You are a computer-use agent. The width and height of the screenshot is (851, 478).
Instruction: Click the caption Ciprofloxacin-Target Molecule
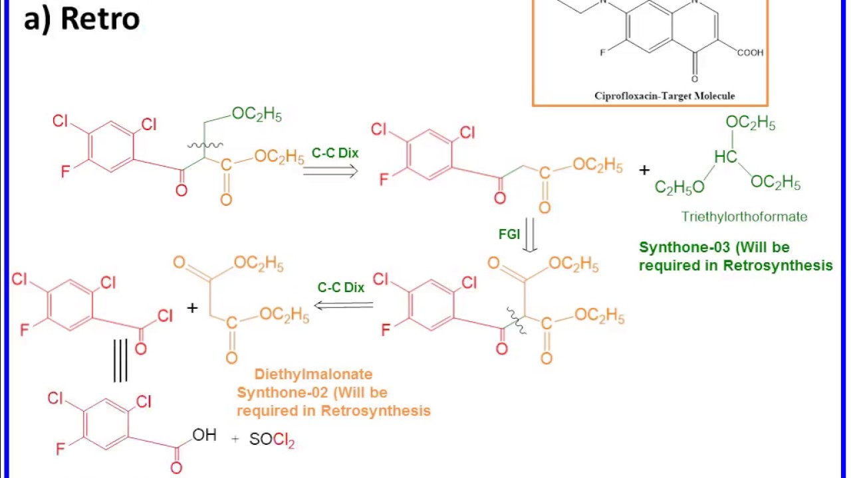point(664,96)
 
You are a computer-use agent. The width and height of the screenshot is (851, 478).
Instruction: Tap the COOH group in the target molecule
point(750,52)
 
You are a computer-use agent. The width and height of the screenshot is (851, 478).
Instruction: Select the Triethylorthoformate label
point(744,216)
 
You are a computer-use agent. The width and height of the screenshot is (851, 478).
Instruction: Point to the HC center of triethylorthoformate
point(725,157)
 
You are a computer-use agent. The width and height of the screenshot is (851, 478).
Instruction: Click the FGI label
point(509,234)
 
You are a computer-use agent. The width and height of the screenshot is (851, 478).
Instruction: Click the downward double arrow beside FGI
point(530,236)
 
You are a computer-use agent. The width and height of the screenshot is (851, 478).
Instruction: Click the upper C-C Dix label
point(335,153)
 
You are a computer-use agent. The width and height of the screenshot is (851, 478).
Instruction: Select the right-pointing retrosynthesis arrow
point(330,171)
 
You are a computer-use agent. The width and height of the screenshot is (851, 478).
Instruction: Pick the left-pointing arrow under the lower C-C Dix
point(344,305)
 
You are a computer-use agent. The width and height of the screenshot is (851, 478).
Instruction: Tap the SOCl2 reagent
point(271,439)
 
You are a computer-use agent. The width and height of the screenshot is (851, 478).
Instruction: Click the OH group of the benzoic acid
point(204,436)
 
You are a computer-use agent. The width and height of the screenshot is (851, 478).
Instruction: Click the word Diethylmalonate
point(304,374)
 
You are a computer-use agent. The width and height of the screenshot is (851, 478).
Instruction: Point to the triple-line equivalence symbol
point(120,360)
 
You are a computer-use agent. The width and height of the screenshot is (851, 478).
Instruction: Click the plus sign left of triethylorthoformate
point(644,171)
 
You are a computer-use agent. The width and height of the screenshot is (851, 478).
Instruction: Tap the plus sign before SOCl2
point(235,439)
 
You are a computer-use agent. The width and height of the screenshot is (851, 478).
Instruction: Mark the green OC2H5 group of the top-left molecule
point(257,114)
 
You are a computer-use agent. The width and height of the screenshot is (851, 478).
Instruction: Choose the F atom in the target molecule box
point(602,52)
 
